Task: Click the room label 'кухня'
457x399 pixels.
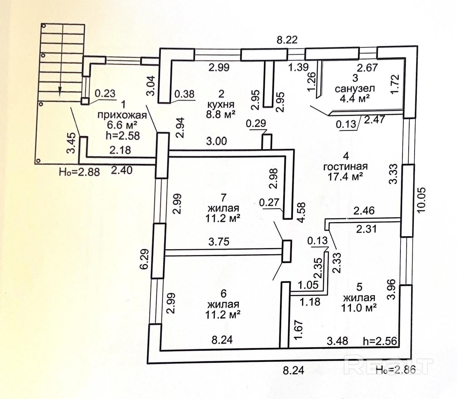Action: click(221, 104)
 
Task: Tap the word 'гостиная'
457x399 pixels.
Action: click(346, 166)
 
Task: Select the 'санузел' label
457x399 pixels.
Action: click(355, 88)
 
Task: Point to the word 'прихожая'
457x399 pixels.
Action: click(122, 115)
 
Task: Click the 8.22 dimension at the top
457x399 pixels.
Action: click(287, 40)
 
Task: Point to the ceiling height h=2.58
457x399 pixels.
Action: click(122, 135)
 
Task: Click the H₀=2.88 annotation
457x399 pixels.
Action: click(79, 171)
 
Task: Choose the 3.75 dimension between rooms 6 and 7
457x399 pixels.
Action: click(219, 242)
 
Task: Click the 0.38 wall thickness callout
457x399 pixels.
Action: click(184, 94)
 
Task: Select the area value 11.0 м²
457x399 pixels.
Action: click(359, 308)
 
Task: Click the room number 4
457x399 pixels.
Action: click(346, 156)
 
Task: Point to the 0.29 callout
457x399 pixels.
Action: click(256, 123)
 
